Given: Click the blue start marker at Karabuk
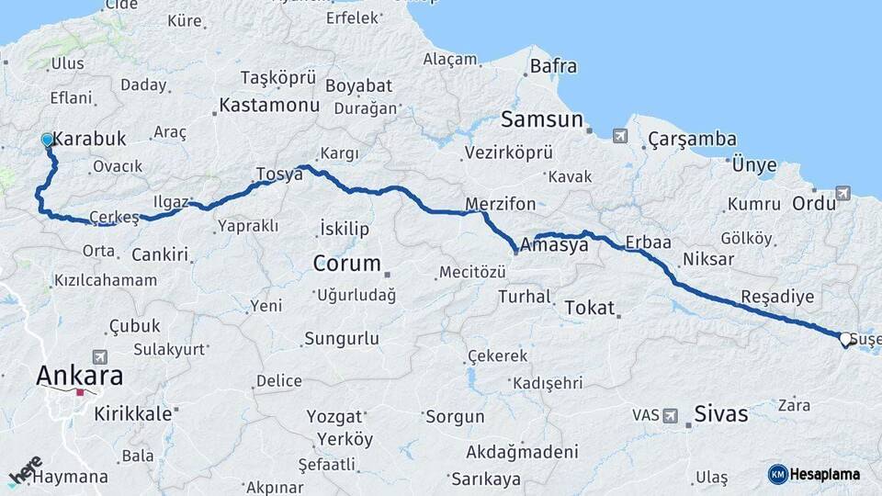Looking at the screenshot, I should pyautogui.click(x=48, y=141).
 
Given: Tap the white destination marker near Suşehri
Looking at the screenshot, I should pyautogui.click(x=844, y=339).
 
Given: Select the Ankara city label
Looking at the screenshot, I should pyautogui.click(x=79, y=376).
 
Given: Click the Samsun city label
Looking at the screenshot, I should pyautogui.click(x=542, y=119).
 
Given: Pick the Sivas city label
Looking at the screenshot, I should pyautogui.click(x=721, y=413).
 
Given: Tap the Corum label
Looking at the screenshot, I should pyautogui.click(x=346, y=264).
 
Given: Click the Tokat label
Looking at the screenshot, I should pyautogui.click(x=589, y=308).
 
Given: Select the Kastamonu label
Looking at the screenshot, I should pyautogui.click(x=269, y=106).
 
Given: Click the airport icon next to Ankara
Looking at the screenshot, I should pyautogui.click(x=99, y=356).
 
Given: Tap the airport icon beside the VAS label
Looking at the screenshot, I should pyautogui.click(x=671, y=415).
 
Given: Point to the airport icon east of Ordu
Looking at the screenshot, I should pyautogui.click(x=842, y=193).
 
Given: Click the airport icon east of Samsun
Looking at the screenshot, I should pyautogui.click(x=620, y=136).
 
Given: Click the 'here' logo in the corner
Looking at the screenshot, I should pyautogui.click(x=25, y=471).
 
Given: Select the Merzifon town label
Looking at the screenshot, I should pyautogui.click(x=499, y=203).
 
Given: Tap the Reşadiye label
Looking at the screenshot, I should pyautogui.click(x=777, y=298).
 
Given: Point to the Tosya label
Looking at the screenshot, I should pyautogui.click(x=279, y=174).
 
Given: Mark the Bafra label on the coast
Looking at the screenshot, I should pyautogui.click(x=553, y=66).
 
